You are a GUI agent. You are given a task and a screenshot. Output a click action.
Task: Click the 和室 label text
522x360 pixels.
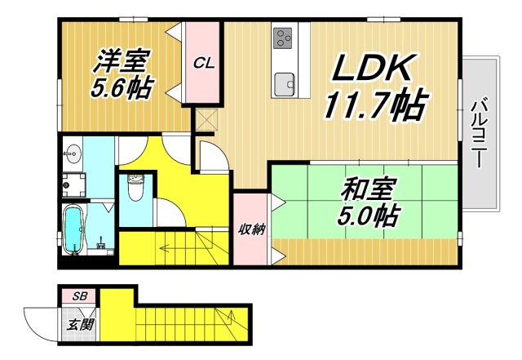368,191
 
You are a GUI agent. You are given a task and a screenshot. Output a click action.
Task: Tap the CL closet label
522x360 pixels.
204,63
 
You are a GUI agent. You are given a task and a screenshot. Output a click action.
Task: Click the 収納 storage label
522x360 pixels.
250,229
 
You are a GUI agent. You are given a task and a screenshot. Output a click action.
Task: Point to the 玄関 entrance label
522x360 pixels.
80,324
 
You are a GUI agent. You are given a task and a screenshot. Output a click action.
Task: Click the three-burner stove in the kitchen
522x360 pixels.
284,37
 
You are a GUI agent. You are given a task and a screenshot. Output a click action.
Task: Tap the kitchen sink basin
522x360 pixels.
285,83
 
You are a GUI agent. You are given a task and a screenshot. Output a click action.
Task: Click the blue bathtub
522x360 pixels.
74,229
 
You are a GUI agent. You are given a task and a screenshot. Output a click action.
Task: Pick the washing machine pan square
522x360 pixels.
74,181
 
